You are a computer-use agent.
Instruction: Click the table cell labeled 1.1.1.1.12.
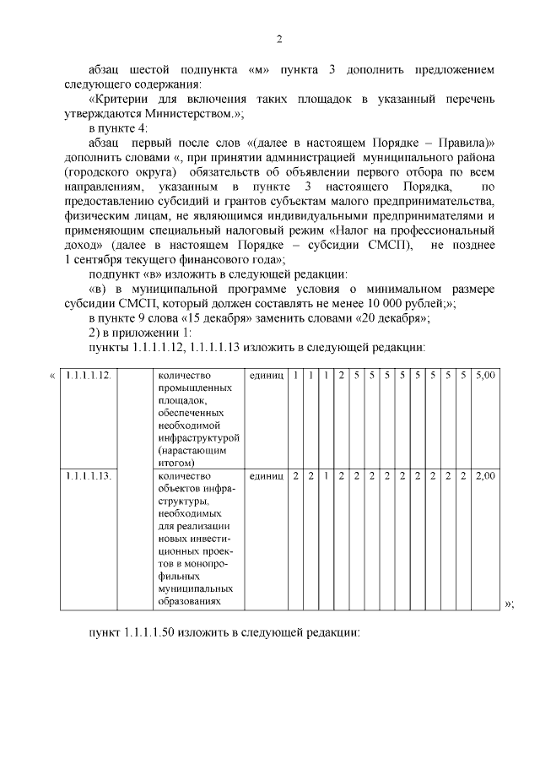point(87,375)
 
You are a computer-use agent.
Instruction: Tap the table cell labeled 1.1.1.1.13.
point(87,476)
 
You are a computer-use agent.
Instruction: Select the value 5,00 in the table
point(485,375)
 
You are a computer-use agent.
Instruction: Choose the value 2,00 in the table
point(485,476)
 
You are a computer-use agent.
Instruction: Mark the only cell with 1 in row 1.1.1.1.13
point(327,476)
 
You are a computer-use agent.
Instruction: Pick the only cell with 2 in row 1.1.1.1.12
point(342,375)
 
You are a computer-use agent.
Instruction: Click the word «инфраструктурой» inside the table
point(199,438)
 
